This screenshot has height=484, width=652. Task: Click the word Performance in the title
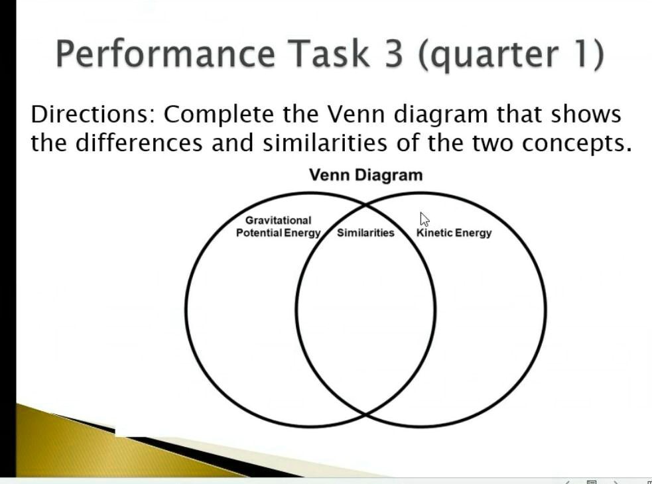click(x=164, y=54)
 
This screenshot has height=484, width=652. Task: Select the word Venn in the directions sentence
click(x=357, y=115)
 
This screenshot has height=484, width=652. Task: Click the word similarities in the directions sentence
click(x=320, y=143)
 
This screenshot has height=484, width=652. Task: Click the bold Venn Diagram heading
click(x=365, y=175)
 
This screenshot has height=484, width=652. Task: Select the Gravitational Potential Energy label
click(x=279, y=227)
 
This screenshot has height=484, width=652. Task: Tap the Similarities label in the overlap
click(x=365, y=233)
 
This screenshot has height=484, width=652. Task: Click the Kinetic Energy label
click(x=454, y=233)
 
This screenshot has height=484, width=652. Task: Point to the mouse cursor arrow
click(x=424, y=219)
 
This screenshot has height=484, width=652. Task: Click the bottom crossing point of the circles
click(x=365, y=414)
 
